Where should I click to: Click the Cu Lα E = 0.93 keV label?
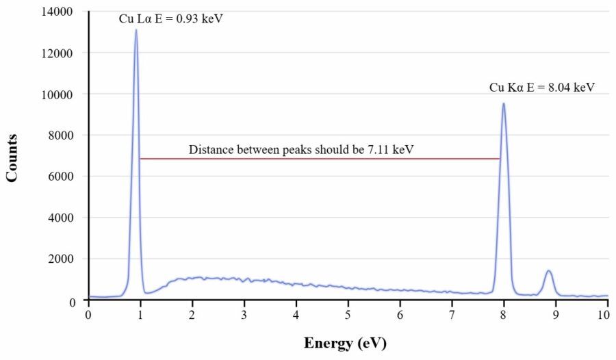point(171,18)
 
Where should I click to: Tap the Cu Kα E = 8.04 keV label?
point(541,88)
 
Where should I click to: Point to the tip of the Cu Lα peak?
point(136,29)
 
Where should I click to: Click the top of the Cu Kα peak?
point(504,104)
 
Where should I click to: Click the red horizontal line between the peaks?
point(320,159)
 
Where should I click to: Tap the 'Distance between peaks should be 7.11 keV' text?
point(301,149)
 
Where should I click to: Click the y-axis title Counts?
point(12,157)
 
